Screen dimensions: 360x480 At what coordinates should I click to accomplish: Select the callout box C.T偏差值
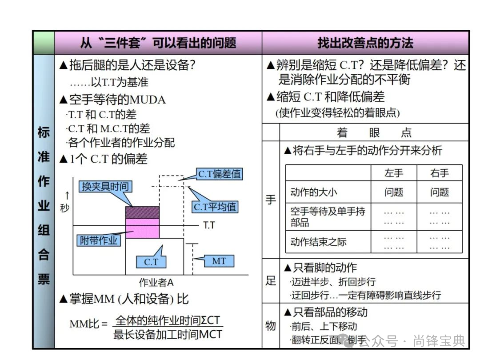(x=220, y=174)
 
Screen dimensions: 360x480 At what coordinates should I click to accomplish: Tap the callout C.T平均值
(x=215, y=207)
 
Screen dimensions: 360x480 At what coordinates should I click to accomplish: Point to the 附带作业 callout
(x=99, y=240)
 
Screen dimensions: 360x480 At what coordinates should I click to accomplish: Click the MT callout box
(x=219, y=261)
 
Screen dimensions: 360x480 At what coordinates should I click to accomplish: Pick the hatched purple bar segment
(x=142, y=212)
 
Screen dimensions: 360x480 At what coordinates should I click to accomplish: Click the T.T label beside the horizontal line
(x=209, y=225)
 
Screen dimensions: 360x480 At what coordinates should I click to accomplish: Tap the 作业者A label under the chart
(x=156, y=282)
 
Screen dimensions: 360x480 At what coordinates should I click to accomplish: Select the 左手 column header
(x=394, y=173)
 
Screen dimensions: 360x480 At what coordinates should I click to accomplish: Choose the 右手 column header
(x=440, y=173)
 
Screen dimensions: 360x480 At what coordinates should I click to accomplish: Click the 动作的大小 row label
(x=313, y=192)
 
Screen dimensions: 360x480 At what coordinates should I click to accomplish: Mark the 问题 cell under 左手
(x=394, y=192)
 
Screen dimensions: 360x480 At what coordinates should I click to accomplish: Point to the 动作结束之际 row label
(x=318, y=242)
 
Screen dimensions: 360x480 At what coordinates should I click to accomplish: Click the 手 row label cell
(x=271, y=200)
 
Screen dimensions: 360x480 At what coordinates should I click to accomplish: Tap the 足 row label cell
(x=271, y=281)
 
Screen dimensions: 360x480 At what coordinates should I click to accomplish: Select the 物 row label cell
(x=271, y=326)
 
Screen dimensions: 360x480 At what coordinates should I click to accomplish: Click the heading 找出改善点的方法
(x=365, y=43)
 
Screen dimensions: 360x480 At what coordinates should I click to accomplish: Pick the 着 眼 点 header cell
(x=374, y=132)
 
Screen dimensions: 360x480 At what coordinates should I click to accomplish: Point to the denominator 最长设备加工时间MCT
(x=168, y=334)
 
